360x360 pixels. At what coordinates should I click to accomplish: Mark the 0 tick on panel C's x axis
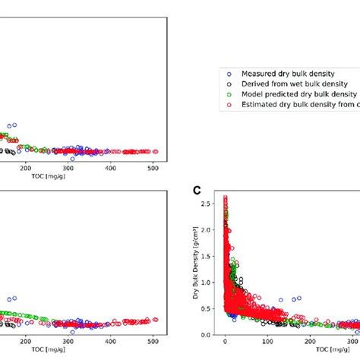coord(225,343)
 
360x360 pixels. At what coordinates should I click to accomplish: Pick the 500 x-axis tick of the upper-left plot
coord(153,169)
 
